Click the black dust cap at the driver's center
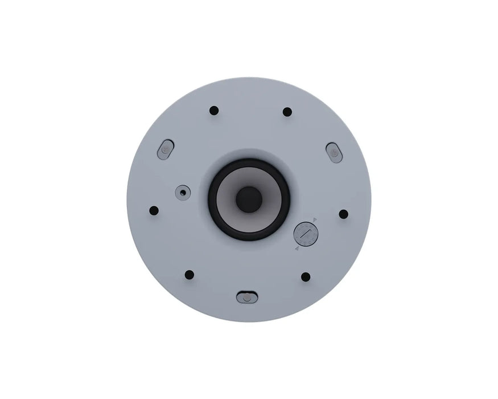tap(249, 199)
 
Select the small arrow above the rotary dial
tap(315, 219)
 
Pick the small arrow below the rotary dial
tap(297, 249)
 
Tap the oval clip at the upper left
tap(164, 149)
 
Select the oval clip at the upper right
tap(334, 153)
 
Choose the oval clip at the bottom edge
tap(247, 297)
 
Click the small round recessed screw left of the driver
tap(182, 192)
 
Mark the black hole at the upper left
tap(214, 110)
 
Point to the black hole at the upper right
tap(287, 112)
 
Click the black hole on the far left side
tap(154, 210)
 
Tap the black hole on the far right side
tap(343, 214)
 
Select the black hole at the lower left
tap(190, 275)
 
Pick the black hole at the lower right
tap(306, 276)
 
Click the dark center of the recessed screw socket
tap(182, 192)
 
